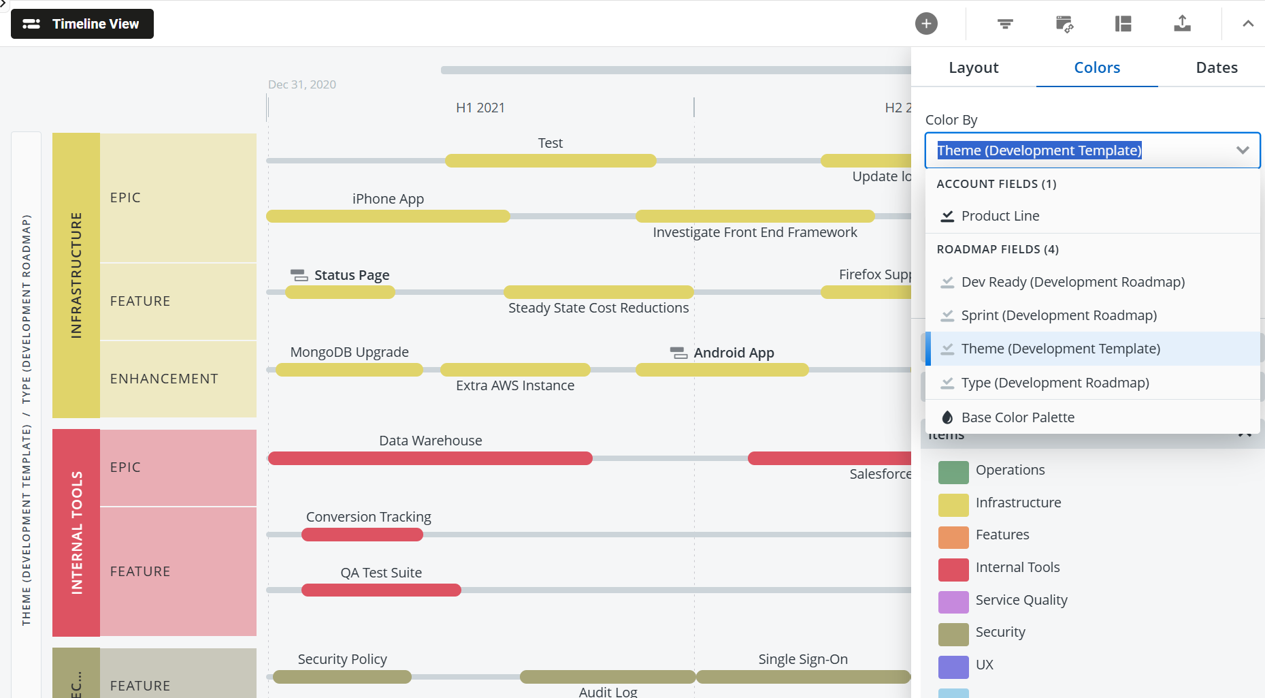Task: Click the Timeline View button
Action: pyautogui.click(x=82, y=24)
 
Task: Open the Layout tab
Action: pyautogui.click(x=973, y=67)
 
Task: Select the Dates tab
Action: pyautogui.click(x=1216, y=67)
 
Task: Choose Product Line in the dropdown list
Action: pyautogui.click(x=1000, y=216)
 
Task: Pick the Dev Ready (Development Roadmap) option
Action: pyautogui.click(x=1072, y=282)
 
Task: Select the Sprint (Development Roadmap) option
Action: pyautogui.click(x=1058, y=315)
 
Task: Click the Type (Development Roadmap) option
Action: pyautogui.click(x=1055, y=383)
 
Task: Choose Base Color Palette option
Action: pyautogui.click(x=1017, y=417)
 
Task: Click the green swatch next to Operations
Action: pyautogui.click(x=953, y=471)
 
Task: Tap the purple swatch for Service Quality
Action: pyautogui.click(x=953, y=601)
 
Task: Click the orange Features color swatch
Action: pyautogui.click(x=953, y=537)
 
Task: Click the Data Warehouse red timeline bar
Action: pyautogui.click(x=430, y=458)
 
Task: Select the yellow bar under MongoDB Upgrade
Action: pyautogui.click(x=349, y=370)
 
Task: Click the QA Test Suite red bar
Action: pyautogui.click(x=381, y=590)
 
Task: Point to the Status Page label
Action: pyautogui.click(x=351, y=275)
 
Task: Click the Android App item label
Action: pyautogui.click(x=733, y=353)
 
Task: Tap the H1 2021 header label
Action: pyautogui.click(x=480, y=108)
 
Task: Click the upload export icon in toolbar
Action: pyautogui.click(x=1182, y=24)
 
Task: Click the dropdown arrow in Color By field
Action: pyautogui.click(x=1243, y=150)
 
